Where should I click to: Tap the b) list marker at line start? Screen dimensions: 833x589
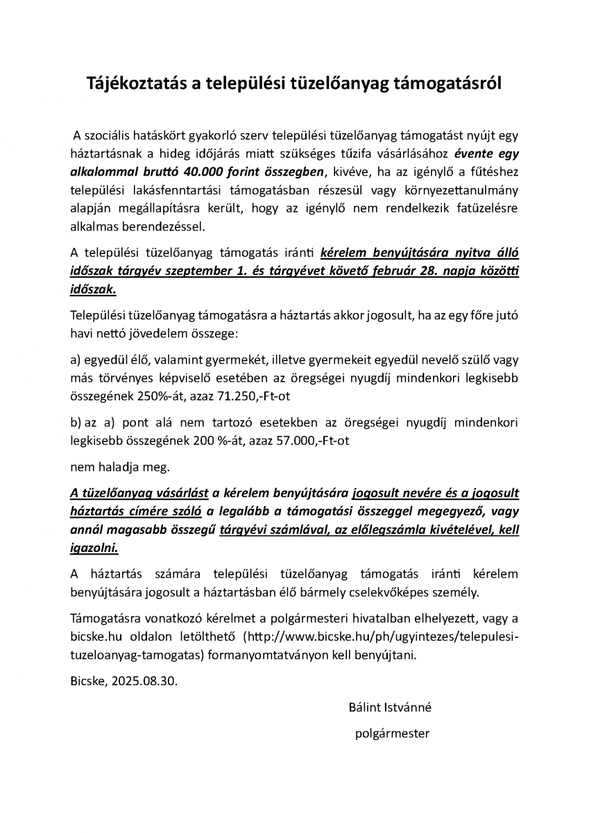(x=76, y=422)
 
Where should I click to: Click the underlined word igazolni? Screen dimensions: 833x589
(x=94, y=548)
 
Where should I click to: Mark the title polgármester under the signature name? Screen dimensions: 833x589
(x=391, y=732)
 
